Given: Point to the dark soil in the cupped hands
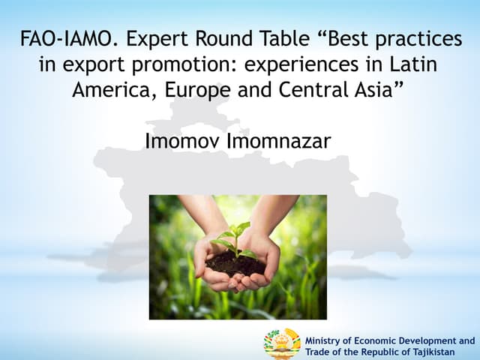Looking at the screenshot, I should [x=234, y=262].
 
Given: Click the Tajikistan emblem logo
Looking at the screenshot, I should [x=282, y=344].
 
